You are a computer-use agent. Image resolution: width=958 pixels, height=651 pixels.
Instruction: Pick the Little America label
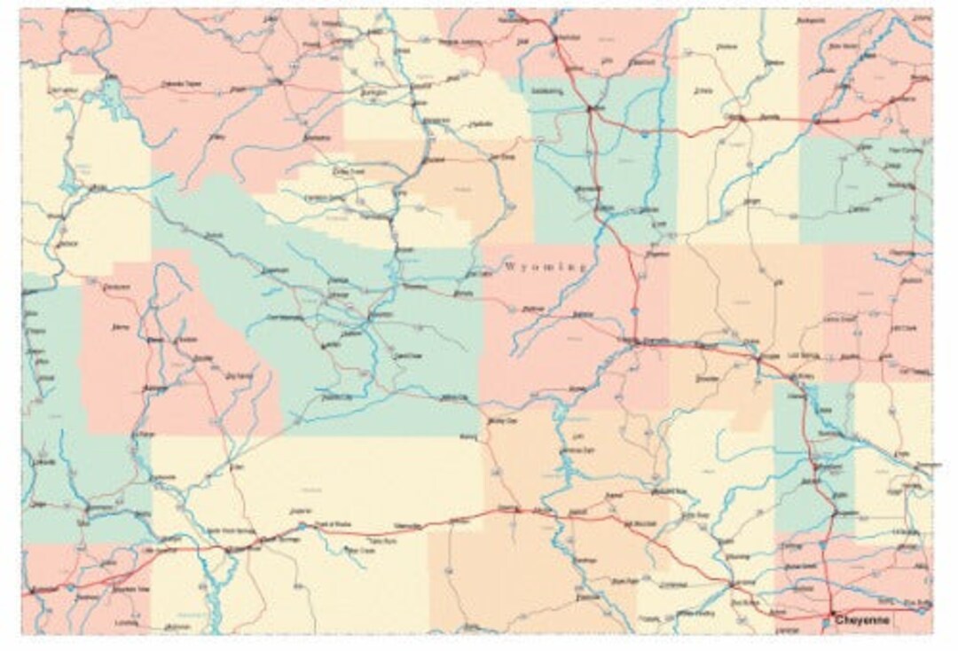tap(160, 551)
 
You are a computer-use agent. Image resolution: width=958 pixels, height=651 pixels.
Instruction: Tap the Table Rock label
tap(381, 539)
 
